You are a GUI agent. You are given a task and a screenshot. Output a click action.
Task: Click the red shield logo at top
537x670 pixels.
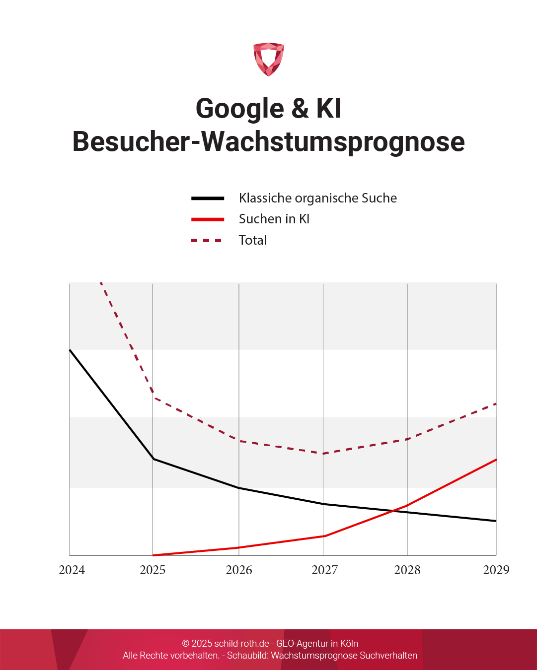(x=268, y=59)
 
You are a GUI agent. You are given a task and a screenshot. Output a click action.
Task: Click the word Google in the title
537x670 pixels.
(x=239, y=108)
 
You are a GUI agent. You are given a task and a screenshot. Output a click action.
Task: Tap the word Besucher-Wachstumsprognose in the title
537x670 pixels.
(x=268, y=141)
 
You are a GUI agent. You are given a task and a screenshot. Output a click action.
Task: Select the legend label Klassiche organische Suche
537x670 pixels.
(x=317, y=198)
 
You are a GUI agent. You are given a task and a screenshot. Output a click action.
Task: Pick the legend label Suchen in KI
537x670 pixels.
(x=274, y=219)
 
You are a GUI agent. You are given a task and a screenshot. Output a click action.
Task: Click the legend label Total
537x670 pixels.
(x=252, y=240)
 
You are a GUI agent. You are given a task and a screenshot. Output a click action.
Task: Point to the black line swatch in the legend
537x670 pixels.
(x=208, y=198)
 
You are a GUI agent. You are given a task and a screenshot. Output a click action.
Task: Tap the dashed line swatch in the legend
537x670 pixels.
(x=207, y=240)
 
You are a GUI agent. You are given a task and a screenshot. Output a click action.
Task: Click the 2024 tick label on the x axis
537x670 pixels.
(x=72, y=570)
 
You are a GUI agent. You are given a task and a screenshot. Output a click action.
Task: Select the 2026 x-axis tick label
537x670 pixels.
(x=239, y=570)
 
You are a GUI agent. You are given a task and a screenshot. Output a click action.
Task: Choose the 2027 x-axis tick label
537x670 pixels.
(x=324, y=570)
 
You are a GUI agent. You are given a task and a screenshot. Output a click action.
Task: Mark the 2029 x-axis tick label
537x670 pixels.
(x=496, y=570)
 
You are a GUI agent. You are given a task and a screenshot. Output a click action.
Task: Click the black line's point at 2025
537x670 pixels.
(x=153, y=459)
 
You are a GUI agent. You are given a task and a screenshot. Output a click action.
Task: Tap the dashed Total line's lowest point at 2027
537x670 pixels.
(x=323, y=453)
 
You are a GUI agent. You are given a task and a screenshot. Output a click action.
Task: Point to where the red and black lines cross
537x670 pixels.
(x=393, y=511)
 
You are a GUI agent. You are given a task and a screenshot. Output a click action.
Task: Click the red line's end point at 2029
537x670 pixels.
(x=496, y=460)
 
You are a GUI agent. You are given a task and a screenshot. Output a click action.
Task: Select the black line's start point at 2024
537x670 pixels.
(x=70, y=350)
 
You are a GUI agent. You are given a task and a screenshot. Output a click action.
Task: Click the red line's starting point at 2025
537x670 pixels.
(x=153, y=555)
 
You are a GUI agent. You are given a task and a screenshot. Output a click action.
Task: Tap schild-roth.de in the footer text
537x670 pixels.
(x=241, y=644)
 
